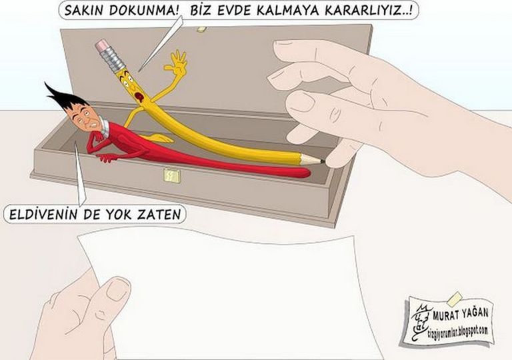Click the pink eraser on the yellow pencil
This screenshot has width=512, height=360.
[103, 45]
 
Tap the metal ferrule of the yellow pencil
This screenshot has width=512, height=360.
[113, 59]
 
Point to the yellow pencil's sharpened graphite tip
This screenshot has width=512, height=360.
[322, 161]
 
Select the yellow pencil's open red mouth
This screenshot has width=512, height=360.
[139, 97]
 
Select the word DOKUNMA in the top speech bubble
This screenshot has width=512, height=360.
[144, 11]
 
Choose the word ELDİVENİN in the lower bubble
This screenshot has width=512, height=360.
[43, 215]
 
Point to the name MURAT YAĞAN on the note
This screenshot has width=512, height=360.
[461, 314]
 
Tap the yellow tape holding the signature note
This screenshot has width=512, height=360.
[455, 297]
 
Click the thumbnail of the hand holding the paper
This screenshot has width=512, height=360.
[117, 289]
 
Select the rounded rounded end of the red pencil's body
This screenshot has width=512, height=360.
[304, 173]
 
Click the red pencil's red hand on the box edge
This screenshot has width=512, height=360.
[107, 159]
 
